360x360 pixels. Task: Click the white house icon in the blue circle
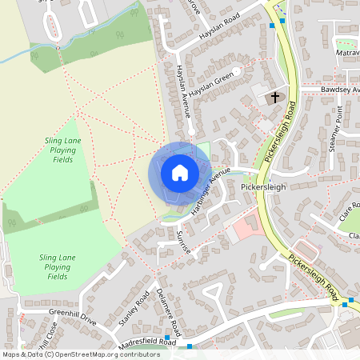[179, 173]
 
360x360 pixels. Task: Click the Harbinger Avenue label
[210, 192]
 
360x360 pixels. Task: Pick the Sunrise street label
[182, 239]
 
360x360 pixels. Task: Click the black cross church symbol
[275, 98]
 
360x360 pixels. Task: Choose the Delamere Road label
[170, 311]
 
